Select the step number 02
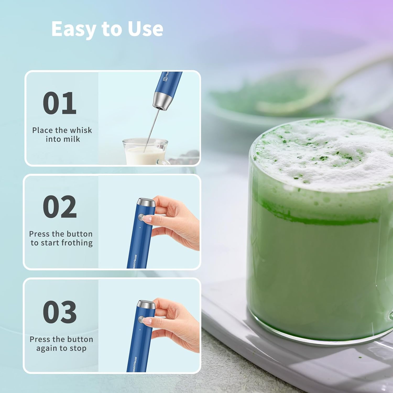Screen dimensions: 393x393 (60, 207)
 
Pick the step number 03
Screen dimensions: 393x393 (60, 312)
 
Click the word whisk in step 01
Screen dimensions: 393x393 (81, 130)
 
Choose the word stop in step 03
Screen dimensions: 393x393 (78, 348)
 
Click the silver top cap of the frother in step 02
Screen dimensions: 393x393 (147, 202)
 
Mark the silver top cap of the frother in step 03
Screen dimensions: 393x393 (147, 304)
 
